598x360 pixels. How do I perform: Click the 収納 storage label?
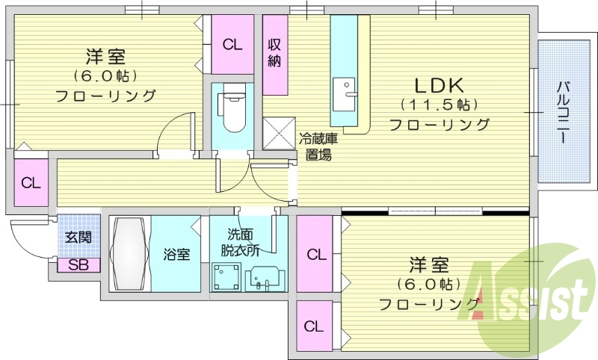(274, 53)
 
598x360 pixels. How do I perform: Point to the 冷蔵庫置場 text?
(318, 146)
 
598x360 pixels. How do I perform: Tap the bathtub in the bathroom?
(130, 254)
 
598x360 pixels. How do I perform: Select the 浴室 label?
(177, 254)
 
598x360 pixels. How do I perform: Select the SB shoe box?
(77, 265)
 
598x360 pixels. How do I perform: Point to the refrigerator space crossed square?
(278, 134)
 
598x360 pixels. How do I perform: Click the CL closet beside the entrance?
(30, 182)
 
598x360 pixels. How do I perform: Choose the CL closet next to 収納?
(232, 44)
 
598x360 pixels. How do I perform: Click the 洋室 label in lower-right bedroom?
(428, 264)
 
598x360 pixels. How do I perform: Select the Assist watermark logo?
(531, 300)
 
